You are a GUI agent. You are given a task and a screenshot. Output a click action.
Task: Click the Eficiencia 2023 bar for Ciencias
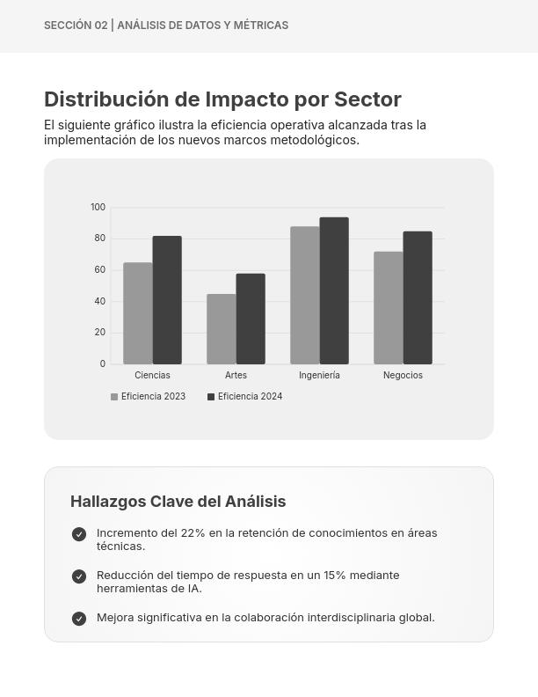pyautogui.click(x=137, y=313)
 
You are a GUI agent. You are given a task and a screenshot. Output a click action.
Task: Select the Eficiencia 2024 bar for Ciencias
pyautogui.click(x=167, y=300)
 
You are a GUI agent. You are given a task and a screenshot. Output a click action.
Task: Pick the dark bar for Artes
pyautogui.click(x=251, y=319)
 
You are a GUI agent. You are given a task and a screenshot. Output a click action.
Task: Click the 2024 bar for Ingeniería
pyautogui.click(x=334, y=290)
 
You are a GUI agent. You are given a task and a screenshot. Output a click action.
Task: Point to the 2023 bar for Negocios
pyautogui.click(x=388, y=308)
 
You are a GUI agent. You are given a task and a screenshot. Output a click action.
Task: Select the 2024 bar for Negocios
pyautogui.click(x=418, y=297)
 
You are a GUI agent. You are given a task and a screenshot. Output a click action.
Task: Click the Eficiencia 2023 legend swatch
pyautogui.click(x=114, y=397)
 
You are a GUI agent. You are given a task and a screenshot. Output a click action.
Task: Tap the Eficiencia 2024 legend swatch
pyautogui.click(x=211, y=397)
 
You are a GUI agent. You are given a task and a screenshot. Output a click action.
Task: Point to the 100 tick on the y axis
pyautogui.click(x=98, y=208)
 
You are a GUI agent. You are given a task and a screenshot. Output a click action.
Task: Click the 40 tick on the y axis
pyautogui.click(x=99, y=302)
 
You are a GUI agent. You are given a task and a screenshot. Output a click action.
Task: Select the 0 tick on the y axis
pyautogui.click(x=102, y=364)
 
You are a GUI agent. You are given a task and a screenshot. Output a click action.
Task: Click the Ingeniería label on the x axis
pyautogui.click(x=319, y=376)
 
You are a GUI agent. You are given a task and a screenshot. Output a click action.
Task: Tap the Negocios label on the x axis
pyautogui.click(x=403, y=376)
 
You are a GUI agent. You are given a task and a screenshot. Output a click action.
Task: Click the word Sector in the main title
pyautogui.click(x=367, y=99)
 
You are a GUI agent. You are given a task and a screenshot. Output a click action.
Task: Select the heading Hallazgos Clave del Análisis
pyautogui.click(x=178, y=502)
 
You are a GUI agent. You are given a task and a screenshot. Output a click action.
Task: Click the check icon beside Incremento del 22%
pyautogui.click(x=79, y=534)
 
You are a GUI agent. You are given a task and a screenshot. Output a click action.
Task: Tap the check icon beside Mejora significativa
pyautogui.click(x=79, y=619)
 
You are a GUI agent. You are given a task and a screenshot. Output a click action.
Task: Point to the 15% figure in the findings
pyautogui.click(x=335, y=576)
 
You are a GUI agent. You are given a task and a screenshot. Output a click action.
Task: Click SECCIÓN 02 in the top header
pyautogui.click(x=76, y=26)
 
